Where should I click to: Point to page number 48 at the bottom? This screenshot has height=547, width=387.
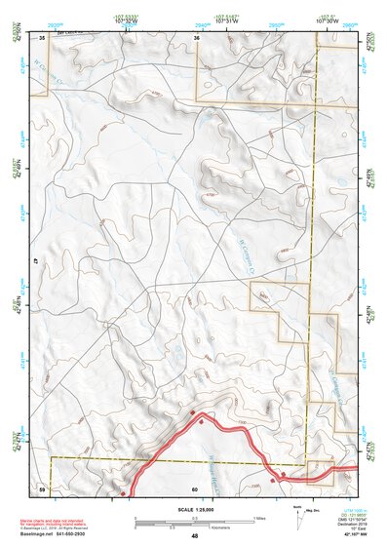pos(194,536)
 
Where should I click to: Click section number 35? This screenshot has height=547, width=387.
pos(42,37)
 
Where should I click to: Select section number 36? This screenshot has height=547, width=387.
pos(196,37)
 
